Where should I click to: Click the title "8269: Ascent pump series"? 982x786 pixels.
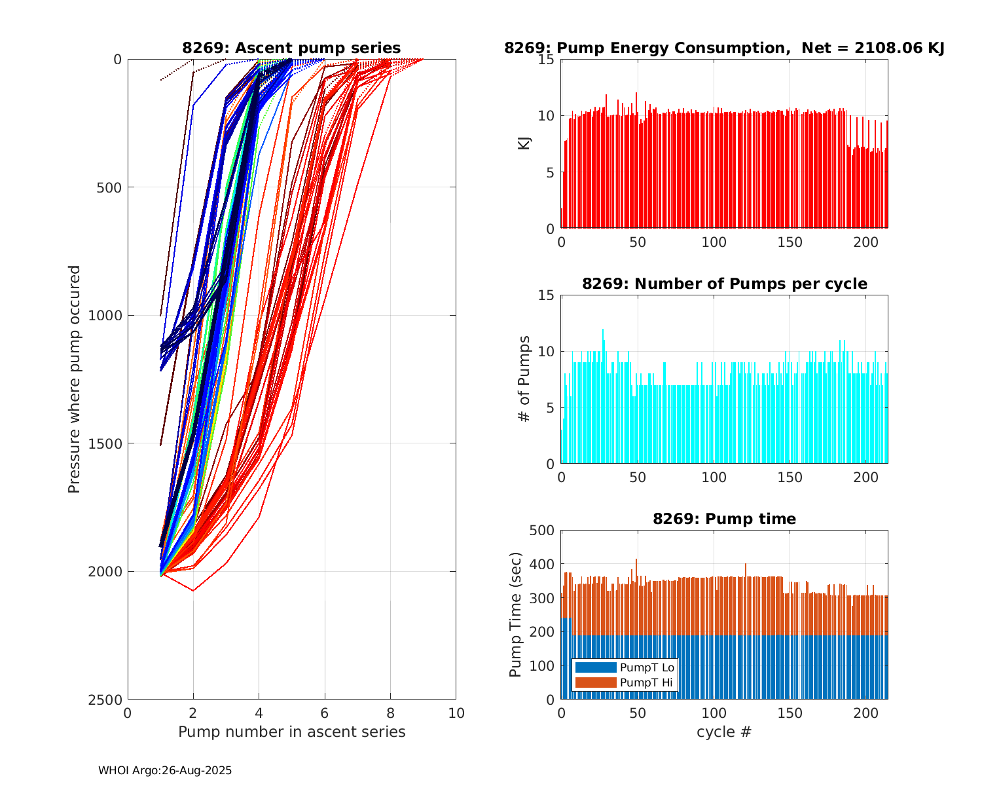[x=291, y=48]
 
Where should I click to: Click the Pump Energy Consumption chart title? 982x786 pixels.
[x=724, y=48]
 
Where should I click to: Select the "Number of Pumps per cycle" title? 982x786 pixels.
[x=724, y=284]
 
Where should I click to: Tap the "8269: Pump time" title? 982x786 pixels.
[x=724, y=519]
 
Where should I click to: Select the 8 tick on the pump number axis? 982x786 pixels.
[x=390, y=713]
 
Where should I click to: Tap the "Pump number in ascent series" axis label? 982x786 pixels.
[x=291, y=732]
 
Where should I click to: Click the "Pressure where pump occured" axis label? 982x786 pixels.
[x=75, y=379]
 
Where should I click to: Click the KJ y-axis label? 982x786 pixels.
[x=524, y=143]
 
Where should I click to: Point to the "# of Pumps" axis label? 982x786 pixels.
[x=524, y=379]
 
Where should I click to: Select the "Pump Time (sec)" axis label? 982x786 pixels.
[x=516, y=614]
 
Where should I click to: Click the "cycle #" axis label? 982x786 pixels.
[x=724, y=732]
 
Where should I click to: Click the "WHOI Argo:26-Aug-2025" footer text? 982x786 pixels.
[x=165, y=771]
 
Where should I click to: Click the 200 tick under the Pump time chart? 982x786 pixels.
[x=866, y=713]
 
